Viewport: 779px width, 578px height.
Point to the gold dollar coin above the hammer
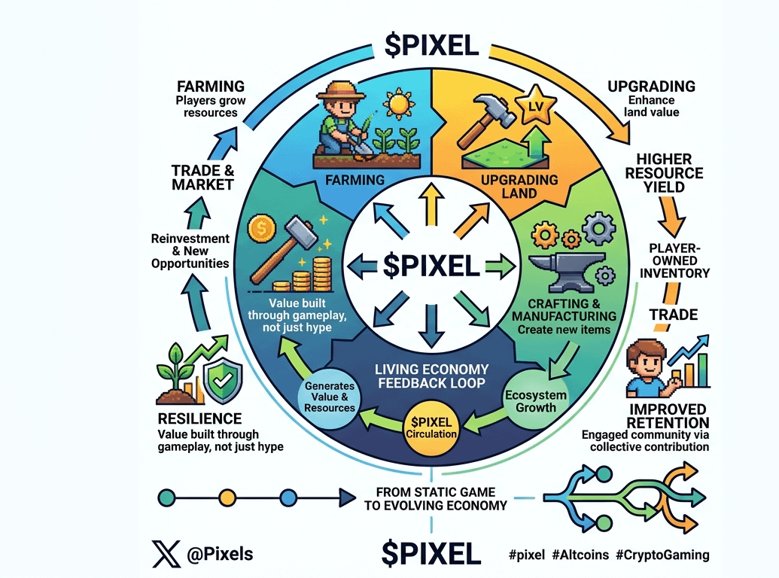point(260,228)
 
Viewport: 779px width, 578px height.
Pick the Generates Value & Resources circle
point(330,397)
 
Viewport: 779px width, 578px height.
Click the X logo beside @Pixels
point(167,555)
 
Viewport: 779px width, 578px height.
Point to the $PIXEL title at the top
point(430,45)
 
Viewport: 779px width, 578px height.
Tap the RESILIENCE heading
point(199,418)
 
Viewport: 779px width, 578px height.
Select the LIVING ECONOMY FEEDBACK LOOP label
point(432,377)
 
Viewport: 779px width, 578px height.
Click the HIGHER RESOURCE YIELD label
point(669,173)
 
